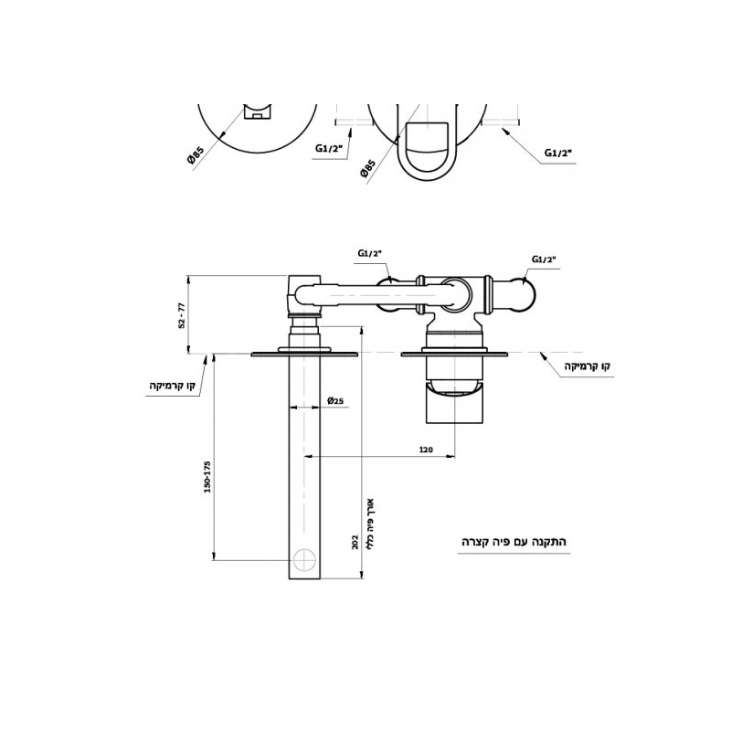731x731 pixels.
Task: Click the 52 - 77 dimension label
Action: (182, 315)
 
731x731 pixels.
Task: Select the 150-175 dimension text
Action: (207, 477)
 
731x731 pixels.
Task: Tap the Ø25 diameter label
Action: (335, 400)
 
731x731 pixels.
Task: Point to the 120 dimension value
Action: (426, 450)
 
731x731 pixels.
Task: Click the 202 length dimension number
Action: (355, 542)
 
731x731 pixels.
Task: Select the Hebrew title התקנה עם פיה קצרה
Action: (514, 542)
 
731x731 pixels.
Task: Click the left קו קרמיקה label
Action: (172, 386)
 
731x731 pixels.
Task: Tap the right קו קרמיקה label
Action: (587, 366)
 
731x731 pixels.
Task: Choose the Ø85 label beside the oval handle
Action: (367, 168)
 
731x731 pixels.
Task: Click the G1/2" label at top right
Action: (558, 153)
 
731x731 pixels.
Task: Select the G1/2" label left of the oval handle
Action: (329, 149)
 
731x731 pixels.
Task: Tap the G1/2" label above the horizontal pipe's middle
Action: (370, 253)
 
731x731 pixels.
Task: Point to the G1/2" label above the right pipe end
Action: (545, 260)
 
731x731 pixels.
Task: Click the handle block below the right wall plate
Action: (454, 402)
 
